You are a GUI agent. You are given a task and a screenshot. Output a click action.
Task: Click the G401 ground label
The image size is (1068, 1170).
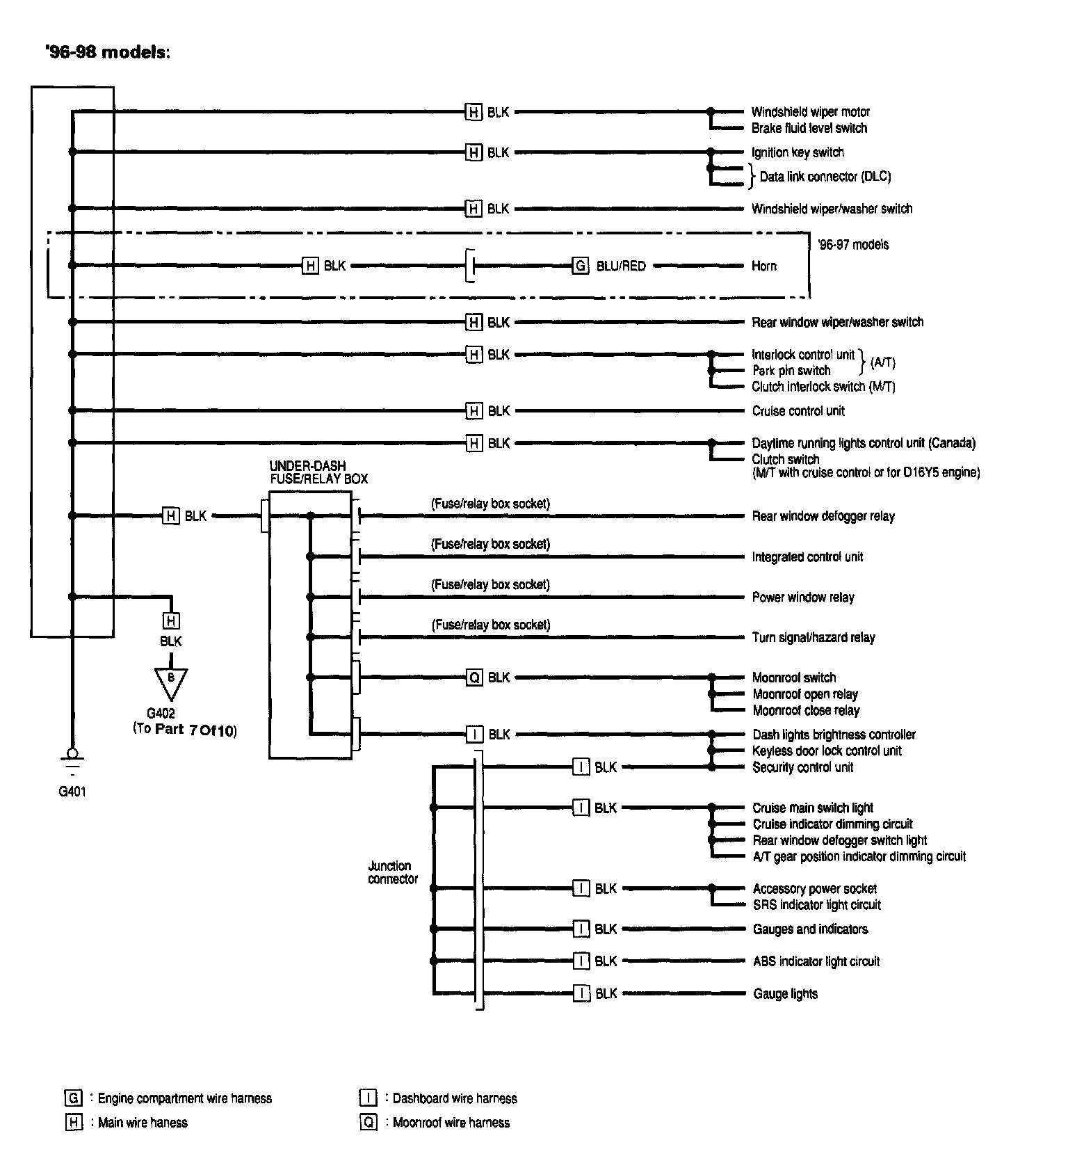point(72,791)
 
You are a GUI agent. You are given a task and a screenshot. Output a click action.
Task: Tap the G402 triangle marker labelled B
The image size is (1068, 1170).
point(170,682)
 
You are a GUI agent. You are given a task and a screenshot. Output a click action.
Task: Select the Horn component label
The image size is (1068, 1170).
point(763,266)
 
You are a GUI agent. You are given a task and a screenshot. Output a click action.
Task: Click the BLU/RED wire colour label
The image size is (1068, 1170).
point(621,266)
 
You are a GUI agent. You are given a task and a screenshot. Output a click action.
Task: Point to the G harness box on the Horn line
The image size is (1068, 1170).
point(580,266)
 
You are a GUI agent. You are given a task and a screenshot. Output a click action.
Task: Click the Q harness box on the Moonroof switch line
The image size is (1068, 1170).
point(474,678)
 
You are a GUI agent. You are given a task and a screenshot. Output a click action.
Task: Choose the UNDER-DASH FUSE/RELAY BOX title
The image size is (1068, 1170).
point(318,472)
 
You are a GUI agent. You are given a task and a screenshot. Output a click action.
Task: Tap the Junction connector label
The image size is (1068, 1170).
point(393,872)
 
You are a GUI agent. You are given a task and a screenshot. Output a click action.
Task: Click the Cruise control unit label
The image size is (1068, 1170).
point(798,411)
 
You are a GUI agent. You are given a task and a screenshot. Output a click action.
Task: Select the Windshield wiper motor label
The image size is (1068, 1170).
point(810,112)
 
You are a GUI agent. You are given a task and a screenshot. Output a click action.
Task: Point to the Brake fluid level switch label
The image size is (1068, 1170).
point(809,128)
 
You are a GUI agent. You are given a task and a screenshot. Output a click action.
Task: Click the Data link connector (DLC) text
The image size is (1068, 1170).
point(825,177)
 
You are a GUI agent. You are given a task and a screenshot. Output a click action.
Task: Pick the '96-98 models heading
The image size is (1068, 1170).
point(108,53)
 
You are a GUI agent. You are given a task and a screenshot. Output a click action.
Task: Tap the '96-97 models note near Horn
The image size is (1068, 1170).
point(853,245)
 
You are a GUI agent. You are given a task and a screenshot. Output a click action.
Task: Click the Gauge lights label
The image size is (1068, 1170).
point(785,994)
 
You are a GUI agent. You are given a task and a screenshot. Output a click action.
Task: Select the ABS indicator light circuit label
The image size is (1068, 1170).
point(816,961)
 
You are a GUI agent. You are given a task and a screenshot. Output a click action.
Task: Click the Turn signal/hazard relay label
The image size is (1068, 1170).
point(814,637)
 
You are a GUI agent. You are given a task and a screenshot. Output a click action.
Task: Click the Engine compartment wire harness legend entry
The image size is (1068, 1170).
point(184,1098)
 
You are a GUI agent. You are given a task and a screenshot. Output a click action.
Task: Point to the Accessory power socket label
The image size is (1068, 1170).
point(814,889)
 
